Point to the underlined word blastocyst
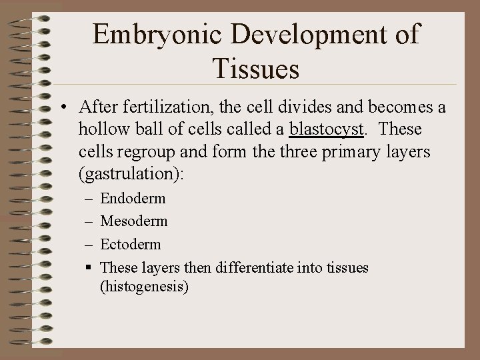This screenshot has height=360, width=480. [x=326, y=129]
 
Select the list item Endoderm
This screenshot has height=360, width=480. [x=133, y=199]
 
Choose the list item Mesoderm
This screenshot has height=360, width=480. [x=133, y=221]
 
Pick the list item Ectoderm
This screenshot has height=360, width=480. [x=130, y=244]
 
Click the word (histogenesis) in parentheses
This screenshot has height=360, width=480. [x=145, y=287]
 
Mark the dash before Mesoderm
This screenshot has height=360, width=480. [x=89, y=221]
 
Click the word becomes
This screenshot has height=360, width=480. [x=392, y=107]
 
